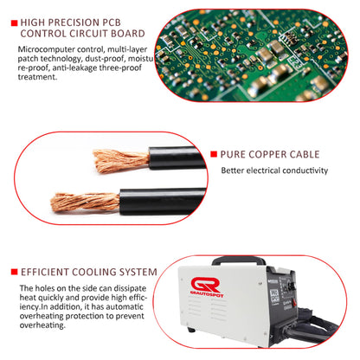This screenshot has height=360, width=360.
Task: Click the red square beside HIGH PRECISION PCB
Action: pyautogui.click(x=15, y=23)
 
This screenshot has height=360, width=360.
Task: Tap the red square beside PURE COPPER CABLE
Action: pyautogui.click(x=214, y=154)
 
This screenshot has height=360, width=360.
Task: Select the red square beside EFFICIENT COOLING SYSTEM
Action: pyautogui.click(x=15, y=272)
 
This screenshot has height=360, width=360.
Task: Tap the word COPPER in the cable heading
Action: pyautogui.click(x=267, y=154)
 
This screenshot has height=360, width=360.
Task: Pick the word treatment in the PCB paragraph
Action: pyautogui.click(x=37, y=77)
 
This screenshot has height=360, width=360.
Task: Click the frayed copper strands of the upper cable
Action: pyautogui.click(x=121, y=161)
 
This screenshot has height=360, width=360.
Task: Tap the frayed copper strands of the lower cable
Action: pyautogui.click(x=85, y=202)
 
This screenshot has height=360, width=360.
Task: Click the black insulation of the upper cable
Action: pyautogui.click(x=177, y=158)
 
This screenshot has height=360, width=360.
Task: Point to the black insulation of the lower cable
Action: pyautogui.click(x=163, y=202)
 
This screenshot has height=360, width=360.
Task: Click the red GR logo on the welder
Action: pyautogui.click(x=205, y=285)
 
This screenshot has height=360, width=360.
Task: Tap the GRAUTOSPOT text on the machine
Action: pyautogui.click(x=207, y=295)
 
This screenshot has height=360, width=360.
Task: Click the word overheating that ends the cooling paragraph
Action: pyautogui.click(x=42, y=325)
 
